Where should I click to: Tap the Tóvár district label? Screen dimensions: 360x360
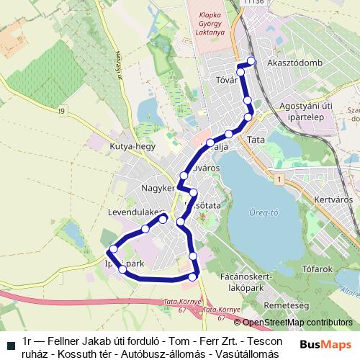(x=227, y=80)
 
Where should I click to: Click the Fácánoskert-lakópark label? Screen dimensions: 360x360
(x=245, y=281)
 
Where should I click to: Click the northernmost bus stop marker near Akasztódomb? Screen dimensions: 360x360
(x=251, y=60)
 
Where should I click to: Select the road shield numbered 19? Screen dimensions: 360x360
(x=63, y=111)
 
